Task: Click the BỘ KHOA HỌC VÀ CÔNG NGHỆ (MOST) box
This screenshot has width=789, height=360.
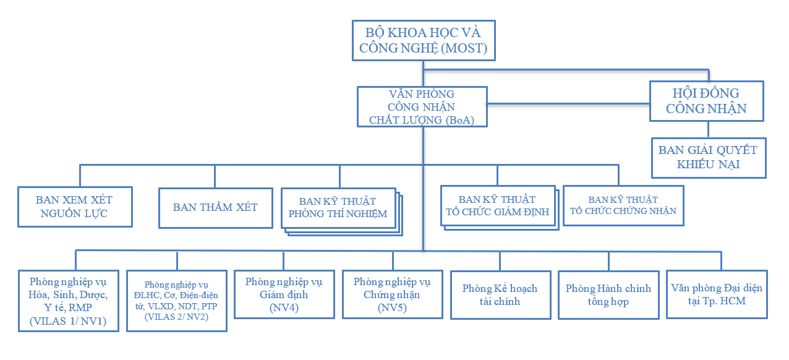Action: click(423, 40)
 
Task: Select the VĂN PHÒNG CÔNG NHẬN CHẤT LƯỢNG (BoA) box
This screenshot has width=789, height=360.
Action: click(422, 108)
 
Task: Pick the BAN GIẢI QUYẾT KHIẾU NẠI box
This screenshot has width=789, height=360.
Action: click(708, 157)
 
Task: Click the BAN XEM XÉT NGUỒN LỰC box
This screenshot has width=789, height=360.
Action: click(74, 207)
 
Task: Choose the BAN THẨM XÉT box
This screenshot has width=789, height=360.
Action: click(215, 208)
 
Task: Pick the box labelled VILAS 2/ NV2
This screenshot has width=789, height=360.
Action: click(176, 300)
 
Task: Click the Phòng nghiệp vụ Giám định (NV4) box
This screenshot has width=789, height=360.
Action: click(284, 294)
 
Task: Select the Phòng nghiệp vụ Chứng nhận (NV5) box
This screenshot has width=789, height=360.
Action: click(392, 294)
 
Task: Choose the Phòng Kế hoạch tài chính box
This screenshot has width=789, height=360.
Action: click(500, 295)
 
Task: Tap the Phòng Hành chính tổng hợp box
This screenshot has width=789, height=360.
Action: click(608, 295)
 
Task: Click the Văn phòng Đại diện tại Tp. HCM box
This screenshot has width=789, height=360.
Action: click(716, 294)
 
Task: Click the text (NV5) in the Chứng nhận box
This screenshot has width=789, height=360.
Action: click(392, 307)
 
